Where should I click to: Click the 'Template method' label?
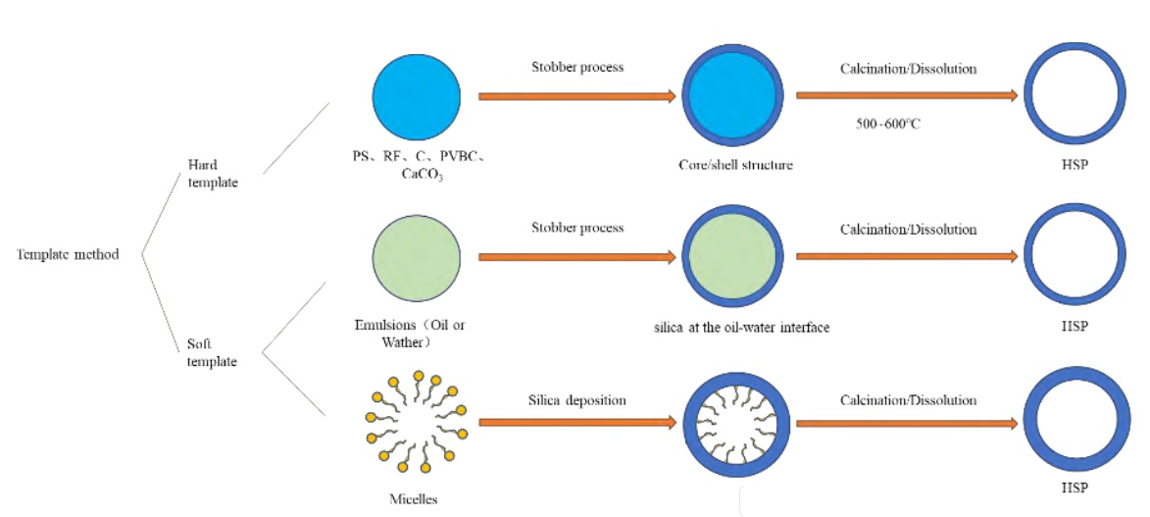click(x=68, y=255)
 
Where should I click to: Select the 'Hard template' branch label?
click(x=212, y=175)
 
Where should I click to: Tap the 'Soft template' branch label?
click(x=212, y=353)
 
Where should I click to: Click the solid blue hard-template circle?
click(x=417, y=96)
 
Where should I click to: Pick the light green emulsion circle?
click(x=417, y=258)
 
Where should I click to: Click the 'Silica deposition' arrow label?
click(x=576, y=400)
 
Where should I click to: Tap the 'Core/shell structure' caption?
click(x=735, y=165)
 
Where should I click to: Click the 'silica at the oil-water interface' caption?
click(x=741, y=327)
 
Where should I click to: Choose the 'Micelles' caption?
click(x=414, y=499)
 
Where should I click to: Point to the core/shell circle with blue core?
click(x=733, y=96)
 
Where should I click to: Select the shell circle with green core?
click(x=733, y=258)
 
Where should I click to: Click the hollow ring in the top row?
click(x=1073, y=96)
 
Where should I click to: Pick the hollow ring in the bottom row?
click(x=1073, y=423)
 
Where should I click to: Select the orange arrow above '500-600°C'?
click(x=907, y=96)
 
